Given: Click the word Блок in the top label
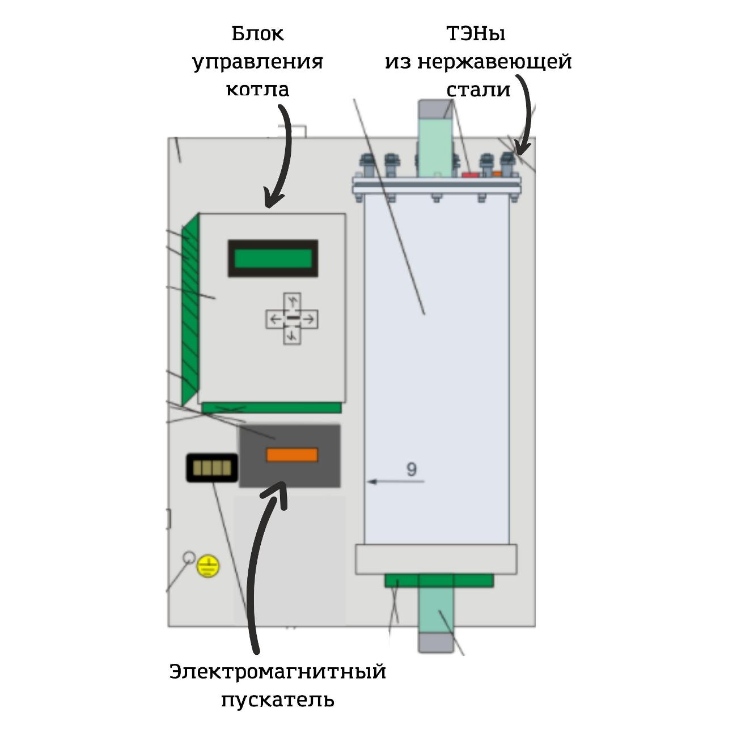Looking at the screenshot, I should [x=257, y=34].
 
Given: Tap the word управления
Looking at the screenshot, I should [x=257, y=62].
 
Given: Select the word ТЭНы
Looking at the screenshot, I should [x=476, y=34].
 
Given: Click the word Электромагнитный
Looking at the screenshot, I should [x=277, y=672].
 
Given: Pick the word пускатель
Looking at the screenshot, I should [x=277, y=700].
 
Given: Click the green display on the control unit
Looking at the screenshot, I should [x=273, y=259].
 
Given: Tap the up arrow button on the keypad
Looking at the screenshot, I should [x=292, y=300].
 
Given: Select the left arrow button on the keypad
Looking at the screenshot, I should [x=275, y=319].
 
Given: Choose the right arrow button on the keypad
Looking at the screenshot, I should [x=309, y=319].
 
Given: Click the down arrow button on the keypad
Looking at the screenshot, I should [x=292, y=336].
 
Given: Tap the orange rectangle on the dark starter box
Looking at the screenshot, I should [x=292, y=455].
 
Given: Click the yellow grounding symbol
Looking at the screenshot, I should [x=208, y=566].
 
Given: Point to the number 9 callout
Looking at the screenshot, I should [x=412, y=469].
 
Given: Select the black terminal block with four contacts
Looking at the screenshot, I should [x=212, y=468].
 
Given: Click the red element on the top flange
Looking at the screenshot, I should [x=470, y=174].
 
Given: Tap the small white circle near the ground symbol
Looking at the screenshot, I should [x=189, y=557].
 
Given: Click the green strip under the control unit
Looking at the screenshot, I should [x=272, y=408].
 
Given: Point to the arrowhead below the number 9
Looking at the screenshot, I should [x=372, y=482].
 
